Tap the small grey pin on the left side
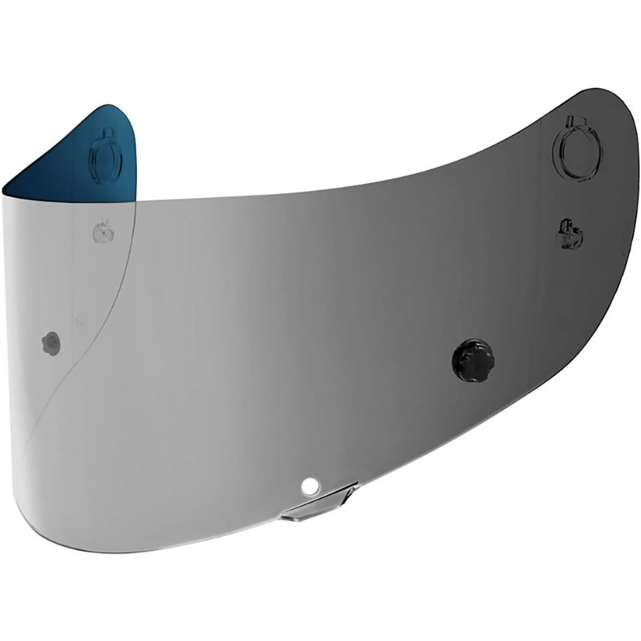[x=51, y=342]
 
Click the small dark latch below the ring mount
[x=570, y=230]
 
